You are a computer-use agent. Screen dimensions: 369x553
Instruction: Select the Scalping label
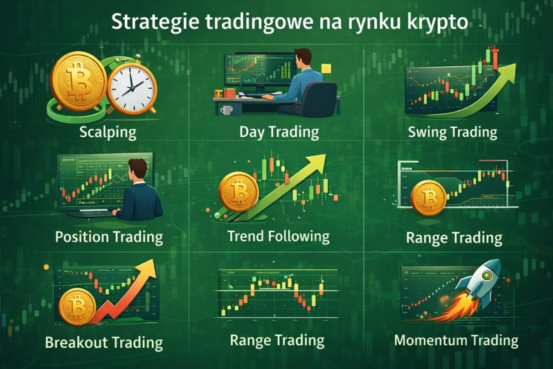point(107,133)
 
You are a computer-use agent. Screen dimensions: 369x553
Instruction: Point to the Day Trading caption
point(278,132)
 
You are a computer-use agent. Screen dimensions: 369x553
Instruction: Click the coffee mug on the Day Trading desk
point(226,110)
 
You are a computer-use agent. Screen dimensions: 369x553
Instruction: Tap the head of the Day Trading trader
point(304,59)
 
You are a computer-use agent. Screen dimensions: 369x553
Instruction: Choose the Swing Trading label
point(452,132)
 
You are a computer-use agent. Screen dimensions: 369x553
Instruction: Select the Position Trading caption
point(109,237)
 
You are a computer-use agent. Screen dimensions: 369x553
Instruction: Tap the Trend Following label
point(278,236)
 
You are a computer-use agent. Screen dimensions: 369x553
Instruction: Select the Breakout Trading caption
point(104,341)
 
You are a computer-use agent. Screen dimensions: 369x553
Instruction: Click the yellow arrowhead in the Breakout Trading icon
point(150,267)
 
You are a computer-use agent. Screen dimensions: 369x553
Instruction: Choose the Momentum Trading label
point(456,340)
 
